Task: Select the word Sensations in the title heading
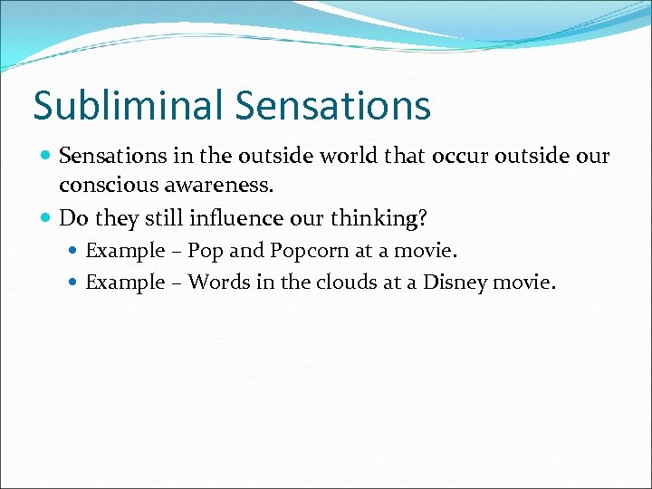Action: pyautogui.click(x=332, y=105)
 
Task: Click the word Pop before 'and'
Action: pyautogui.click(x=206, y=251)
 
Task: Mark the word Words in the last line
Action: pyautogui.click(x=217, y=283)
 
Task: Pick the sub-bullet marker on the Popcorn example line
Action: pyautogui.click(x=74, y=251)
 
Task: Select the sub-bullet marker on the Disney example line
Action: pyautogui.click(x=74, y=283)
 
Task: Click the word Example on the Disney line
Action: pyautogui.click(x=125, y=283)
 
